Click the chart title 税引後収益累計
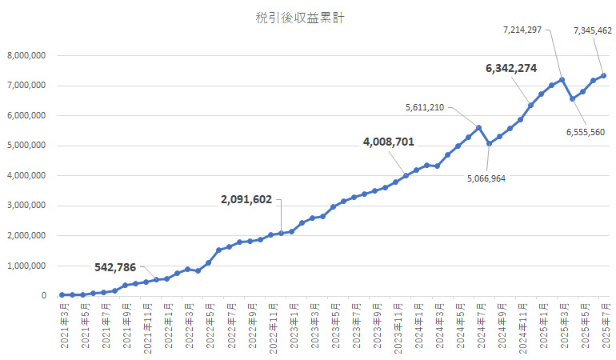(307, 18)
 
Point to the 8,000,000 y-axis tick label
(26, 55)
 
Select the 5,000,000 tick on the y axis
(26, 146)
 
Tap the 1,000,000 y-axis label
(26, 266)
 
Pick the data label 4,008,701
(388, 142)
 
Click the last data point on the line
(603, 75)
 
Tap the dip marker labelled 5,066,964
(489, 144)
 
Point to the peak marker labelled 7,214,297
(562, 79)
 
